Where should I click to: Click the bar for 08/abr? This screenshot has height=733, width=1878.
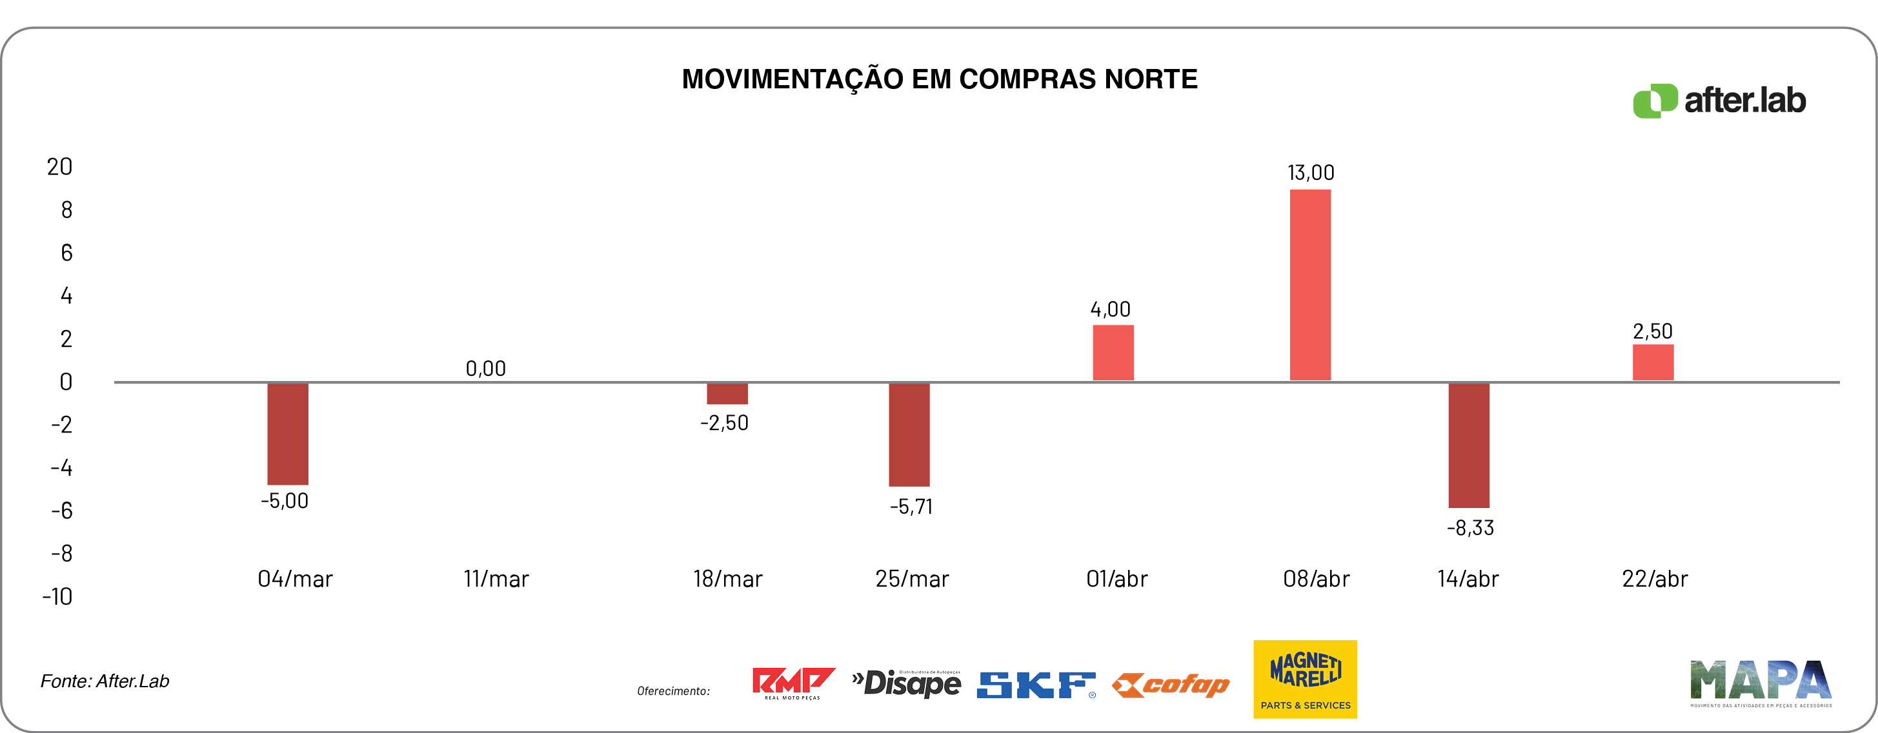click(x=1310, y=284)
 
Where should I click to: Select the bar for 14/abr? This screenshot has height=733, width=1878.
click(x=1468, y=444)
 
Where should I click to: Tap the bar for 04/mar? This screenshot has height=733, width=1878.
click(x=287, y=433)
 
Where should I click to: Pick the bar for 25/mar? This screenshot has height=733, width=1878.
click(x=909, y=435)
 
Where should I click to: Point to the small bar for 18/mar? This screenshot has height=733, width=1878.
click(x=727, y=393)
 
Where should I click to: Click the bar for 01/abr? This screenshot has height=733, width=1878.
click(x=1113, y=353)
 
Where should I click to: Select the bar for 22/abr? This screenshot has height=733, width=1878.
click(x=1653, y=362)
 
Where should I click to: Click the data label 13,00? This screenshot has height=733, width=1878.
click(x=1310, y=173)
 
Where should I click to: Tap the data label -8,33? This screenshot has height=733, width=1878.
click(x=1469, y=527)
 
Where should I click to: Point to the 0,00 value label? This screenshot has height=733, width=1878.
click(x=485, y=369)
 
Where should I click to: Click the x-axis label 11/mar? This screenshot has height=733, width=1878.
click(x=496, y=578)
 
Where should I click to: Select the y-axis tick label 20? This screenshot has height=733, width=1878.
click(x=60, y=167)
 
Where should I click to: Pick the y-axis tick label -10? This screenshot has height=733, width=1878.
click(x=57, y=597)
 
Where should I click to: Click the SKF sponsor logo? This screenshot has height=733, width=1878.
click(x=1036, y=684)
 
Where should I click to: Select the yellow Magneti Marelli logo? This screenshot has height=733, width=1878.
click(x=1305, y=679)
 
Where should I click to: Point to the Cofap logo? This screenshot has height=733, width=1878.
click(x=1171, y=684)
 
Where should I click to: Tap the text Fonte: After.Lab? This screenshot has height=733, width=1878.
click(x=105, y=681)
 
